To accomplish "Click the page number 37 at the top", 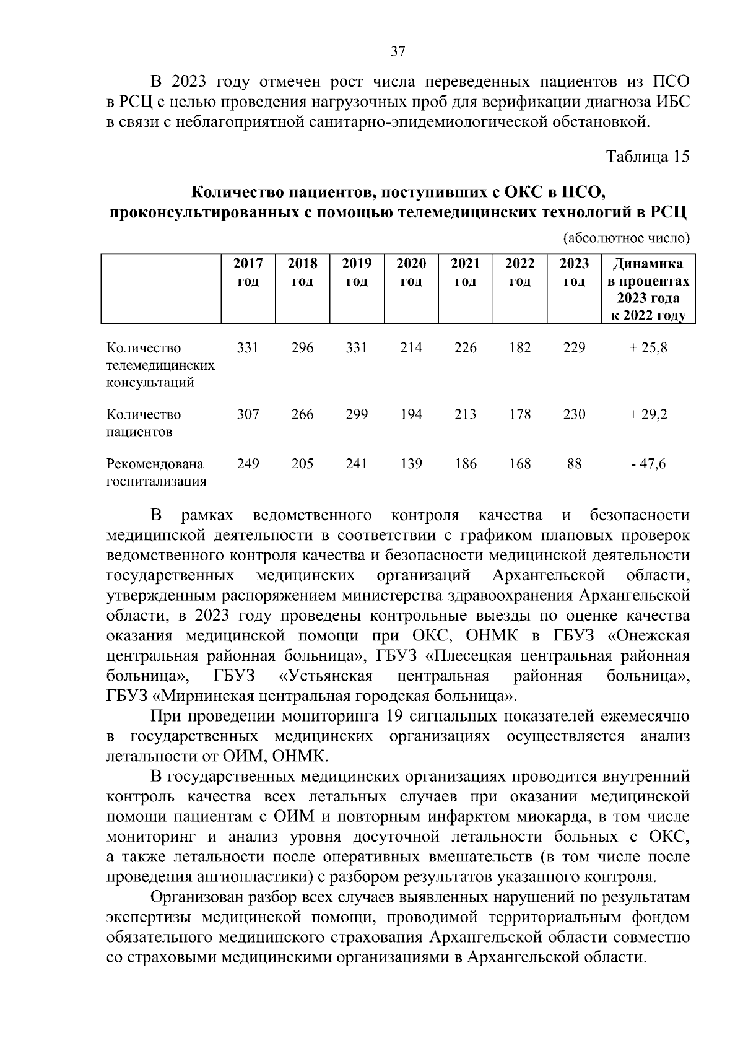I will tap(398, 52).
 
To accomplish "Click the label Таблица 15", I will tap(648, 156).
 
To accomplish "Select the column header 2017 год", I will tap(248, 273).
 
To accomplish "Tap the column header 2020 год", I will tap(411, 273).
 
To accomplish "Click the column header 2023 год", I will tap(574, 273).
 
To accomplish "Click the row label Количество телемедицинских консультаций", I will tap(160, 365).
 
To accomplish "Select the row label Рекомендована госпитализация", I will tap(156, 472).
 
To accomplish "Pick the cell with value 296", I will tap(302, 348).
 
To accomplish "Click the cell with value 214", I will tap(411, 348).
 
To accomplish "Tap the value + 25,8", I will tap(648, 348).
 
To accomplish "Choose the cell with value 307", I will tap(248, 414).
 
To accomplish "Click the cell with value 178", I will tap(519, 414).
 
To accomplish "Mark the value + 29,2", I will tap(648, 414).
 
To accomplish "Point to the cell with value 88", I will tap(574, 463).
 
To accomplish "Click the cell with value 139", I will tap(411, 463).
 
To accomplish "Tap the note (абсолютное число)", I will tap(626, 238).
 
